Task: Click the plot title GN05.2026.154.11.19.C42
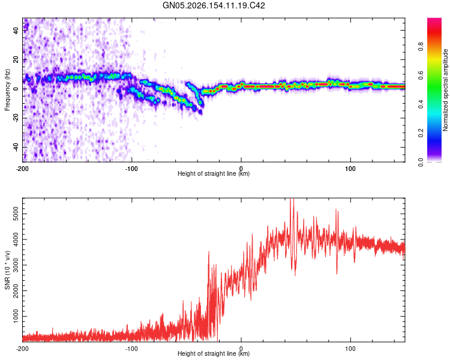[214, 5]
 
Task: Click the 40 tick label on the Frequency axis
[16, 30]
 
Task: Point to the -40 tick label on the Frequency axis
[16, 147]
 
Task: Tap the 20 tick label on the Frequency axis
[16, 59]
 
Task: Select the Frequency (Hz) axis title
[7, 90]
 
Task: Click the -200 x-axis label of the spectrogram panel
[22, 169]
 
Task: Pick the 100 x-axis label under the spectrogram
[350, 169]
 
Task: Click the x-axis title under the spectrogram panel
[214, 173]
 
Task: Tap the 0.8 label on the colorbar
[421, 47]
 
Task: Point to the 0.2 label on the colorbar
[421, 133]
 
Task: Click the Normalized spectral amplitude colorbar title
[445, 90]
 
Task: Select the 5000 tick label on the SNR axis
[16, 214]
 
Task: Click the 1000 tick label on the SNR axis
[16, 316]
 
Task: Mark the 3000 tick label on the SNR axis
[16, 265]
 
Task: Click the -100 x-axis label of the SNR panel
[131, 349]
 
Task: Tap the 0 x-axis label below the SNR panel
[241, 349]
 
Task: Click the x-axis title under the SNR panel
[214, 353]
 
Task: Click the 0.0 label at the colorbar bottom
[421, 162]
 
